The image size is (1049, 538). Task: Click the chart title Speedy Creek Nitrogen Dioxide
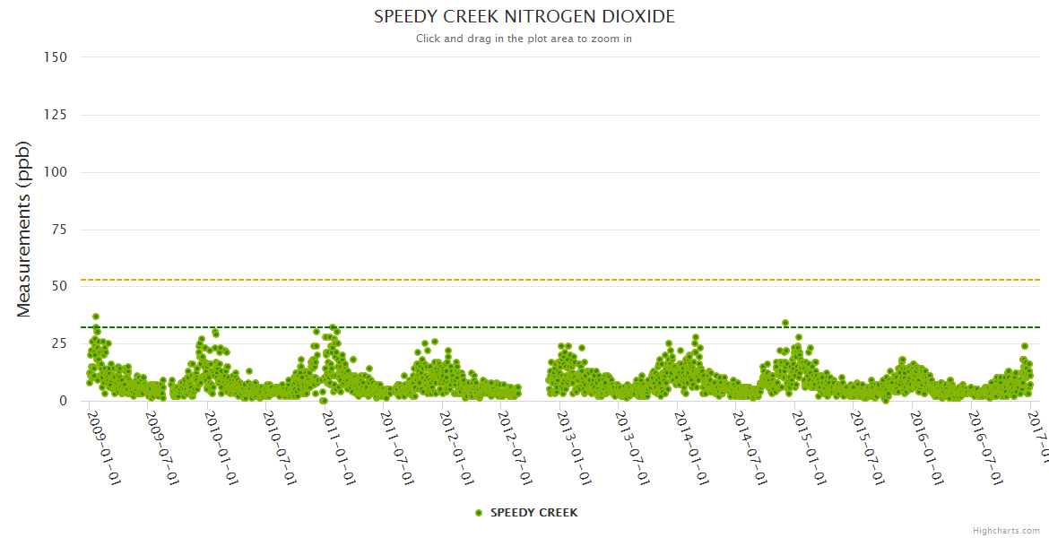[x=524, y=17]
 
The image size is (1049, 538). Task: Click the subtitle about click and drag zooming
[x=524, y=39]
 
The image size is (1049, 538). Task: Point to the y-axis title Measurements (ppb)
[x=24, y=229]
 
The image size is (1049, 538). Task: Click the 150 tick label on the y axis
[x=56, y=57]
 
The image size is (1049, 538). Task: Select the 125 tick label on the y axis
[x=56, y=115]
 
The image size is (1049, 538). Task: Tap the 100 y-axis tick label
[x=56, y=172]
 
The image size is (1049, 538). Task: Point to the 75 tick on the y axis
[x=59, y=230]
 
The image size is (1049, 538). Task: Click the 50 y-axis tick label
[x=59, y=286]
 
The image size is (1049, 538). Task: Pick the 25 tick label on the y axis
[x=59, y=343]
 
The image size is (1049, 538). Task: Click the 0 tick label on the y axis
[x=63, y=401]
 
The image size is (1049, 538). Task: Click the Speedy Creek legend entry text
[x=533, y=513]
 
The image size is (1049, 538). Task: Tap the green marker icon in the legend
[x=479, y=513]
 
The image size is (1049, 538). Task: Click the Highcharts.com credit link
[x=1006, y=530]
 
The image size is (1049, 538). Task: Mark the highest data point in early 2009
[x=96, y=317]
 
